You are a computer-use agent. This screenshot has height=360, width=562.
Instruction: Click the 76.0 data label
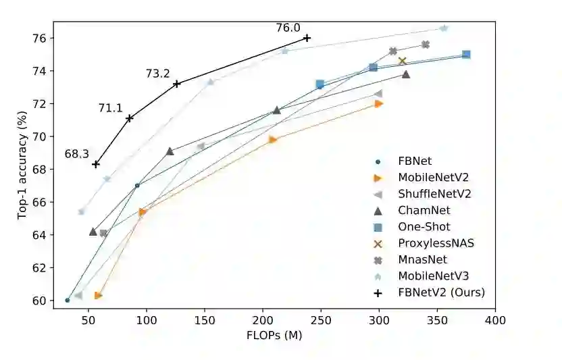pyautogui.click(x=288, y=28)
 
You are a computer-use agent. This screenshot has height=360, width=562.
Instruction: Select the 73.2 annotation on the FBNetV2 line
pyautogui.click(x=157, y=74)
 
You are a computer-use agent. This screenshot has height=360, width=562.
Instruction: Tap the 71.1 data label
pyautogui.click(x=110, y=107)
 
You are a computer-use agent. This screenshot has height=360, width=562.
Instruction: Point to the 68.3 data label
pyautogui.click(x=76, y=154)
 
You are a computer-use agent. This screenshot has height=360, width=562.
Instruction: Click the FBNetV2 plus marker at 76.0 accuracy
pyautogui.click(x=307, y=38)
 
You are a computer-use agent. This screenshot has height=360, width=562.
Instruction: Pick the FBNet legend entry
pyautogui.click(x=415, y=161)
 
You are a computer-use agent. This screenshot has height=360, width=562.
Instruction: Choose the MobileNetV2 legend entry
pyautogui.click(x=432, y=178)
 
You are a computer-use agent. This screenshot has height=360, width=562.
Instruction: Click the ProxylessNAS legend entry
pyautogui.click(x=436, y=243)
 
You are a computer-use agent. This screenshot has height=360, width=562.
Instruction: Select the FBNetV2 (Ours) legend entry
pyautogui.click(x=441, y=292)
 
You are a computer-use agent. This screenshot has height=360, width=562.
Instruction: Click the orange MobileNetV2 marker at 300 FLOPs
pyautogui.click(x=379, y=103)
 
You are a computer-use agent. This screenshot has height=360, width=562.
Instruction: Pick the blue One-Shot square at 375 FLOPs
pyautogui.click(x=466, y=54)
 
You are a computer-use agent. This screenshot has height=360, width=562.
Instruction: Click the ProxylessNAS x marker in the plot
pyautogui.click(x=403, y=61)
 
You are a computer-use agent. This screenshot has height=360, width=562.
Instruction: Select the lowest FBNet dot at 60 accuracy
pyautogui.click(x=68, y=300)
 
